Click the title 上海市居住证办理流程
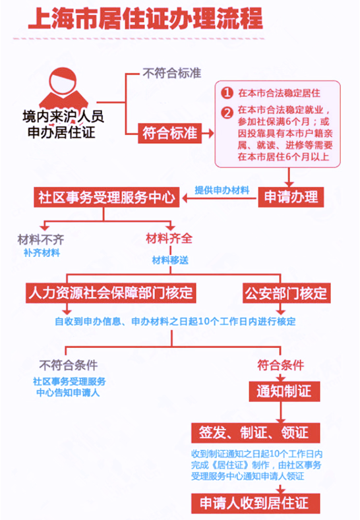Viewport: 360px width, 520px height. tap(145, 18)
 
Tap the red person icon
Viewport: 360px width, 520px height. tap(63, 88)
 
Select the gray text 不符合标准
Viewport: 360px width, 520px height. tap(172, 73)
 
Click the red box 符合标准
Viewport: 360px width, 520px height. tap(170, 133)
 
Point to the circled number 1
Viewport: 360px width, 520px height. tap(227, 92)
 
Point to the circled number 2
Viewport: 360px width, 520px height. tap(227, 113)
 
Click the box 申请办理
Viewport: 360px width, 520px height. tap(291, 197)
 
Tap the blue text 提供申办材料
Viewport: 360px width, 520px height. tap(222, 190)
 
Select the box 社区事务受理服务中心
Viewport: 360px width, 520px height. tap(107, 197)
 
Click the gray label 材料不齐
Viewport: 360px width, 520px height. tap(41, 239)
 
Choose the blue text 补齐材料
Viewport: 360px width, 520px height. tap(42, 253)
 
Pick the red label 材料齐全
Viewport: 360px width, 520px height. tap(169, 239)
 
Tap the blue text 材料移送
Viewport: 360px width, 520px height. tap(170, 260)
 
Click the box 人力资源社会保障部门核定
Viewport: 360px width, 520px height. tap(111, 293)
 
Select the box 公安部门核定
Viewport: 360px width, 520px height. tap(286, 293)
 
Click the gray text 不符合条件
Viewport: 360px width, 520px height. tap(69, 366)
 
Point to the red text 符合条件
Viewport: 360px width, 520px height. tap(281, 366)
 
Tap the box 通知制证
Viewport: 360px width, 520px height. tap(284, 391)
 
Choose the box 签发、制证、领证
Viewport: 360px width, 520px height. tap(255, 433)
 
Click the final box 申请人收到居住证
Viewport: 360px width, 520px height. tap(255, 504)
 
